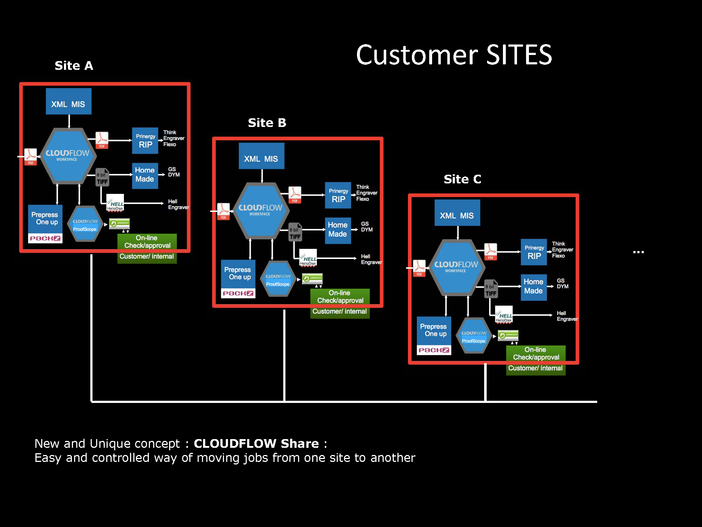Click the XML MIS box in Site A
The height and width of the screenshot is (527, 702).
[x=68, y=102]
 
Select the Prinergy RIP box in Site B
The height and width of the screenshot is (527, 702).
[x=338, y=195]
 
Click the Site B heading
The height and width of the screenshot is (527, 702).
[x=267, y=123]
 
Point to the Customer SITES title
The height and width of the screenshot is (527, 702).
[x=454, y=55]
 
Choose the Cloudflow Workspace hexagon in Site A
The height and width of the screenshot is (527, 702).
[x=68, y=156]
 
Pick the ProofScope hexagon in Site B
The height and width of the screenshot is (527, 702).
[x=278, y=279]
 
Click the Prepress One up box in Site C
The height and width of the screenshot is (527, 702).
[x=434, y=330]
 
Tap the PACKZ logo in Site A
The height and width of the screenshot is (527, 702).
[x=45, y=238]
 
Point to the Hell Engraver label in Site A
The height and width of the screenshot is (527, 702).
[x=178, y=204]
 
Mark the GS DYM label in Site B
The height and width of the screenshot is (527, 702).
[x=367, y=227]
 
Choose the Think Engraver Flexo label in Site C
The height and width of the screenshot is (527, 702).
[x=562, y=250]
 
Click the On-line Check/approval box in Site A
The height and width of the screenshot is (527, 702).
[x=147, y=242]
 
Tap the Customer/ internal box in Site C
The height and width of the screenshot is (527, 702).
[x=535, y=368]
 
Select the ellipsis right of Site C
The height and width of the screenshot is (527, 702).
[x=638, y=252]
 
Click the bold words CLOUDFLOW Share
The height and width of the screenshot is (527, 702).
[x=256, y=443]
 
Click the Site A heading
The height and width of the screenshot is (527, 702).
[x=74, y=66]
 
